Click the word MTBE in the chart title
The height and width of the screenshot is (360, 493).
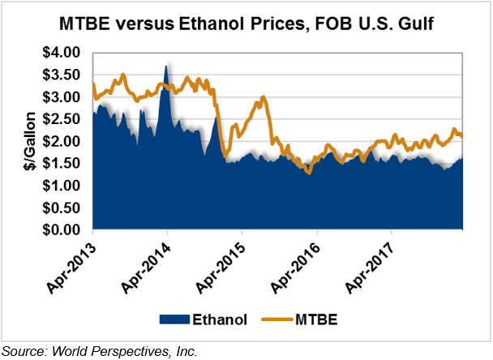tap(85, 24)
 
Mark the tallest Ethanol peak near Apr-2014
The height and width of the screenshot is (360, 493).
tap(166, 65)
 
